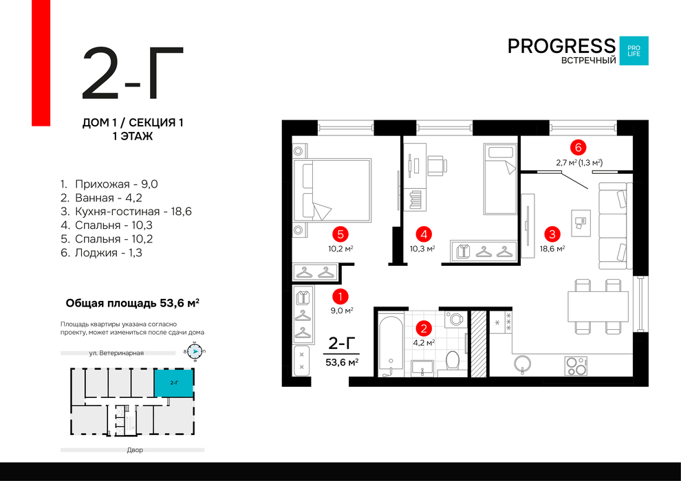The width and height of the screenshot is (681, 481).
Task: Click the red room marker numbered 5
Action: tap(340, 234)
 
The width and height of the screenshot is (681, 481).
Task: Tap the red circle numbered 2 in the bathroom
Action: tap(424, 328)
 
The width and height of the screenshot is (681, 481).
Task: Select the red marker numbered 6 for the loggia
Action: tap(578, 148)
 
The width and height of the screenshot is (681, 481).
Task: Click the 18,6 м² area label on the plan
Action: tap(552, 249)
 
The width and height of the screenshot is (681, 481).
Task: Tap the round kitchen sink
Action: tap(523, 363)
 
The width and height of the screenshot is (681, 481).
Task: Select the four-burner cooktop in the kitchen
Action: tap(576, 366)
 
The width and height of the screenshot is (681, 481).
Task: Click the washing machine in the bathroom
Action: tap(455, 320)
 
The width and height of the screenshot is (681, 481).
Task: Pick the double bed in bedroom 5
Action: tap(332, 190)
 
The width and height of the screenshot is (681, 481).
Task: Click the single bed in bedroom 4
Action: tap(501, 179)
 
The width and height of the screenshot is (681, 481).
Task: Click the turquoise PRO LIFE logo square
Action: tap(634, 51)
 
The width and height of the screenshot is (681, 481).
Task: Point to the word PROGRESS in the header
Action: tap(561, 46)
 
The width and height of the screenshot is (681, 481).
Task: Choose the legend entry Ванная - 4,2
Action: tap(101, 198)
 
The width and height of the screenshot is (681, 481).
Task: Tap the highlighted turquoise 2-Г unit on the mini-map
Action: tap(174, 383)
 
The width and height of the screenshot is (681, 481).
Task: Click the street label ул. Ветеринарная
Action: tap(116, 353)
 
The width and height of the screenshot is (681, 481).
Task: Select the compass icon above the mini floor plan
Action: tap(195, 351)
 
